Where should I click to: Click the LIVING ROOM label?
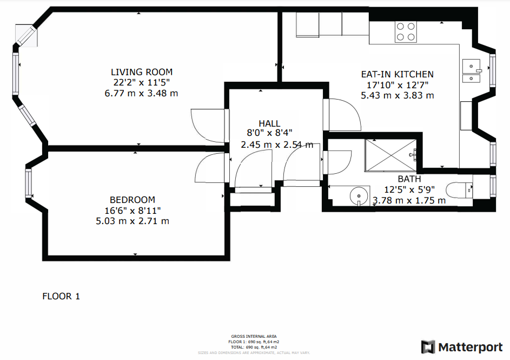tap(142, 72)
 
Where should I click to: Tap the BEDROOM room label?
tap(133, 200)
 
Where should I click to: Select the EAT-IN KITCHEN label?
tap(397, 74)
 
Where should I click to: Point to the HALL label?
tap(269, 124)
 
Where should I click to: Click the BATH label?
tap(409, 179)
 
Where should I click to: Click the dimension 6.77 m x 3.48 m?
tap(141, 93)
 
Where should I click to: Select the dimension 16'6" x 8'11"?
tap(133, 210)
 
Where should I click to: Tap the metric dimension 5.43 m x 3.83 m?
tap(397, 95)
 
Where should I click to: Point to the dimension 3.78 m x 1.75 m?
tap(409, 200)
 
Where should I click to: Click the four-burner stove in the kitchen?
tap(406, 31)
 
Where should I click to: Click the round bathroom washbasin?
tap(356, 195)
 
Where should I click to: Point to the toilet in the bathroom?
tap(460, 189)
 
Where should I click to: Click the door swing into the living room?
tap(208, 125)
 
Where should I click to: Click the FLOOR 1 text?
tap(61, 296)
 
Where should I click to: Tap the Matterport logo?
tap(462, 346)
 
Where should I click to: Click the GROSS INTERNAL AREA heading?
tap(254, 336)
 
